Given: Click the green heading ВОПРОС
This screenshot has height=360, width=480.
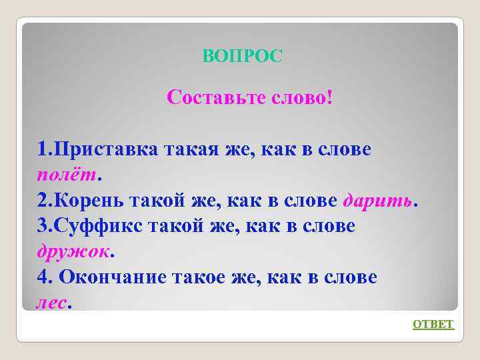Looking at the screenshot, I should click(242, 56).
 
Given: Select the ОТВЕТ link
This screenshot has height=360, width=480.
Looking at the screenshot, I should click(433, 325).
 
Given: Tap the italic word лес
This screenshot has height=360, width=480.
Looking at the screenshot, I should click(51, 303).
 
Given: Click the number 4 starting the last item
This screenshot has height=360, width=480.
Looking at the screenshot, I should click(43, 277).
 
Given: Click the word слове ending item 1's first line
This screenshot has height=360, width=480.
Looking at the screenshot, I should click(341, 150).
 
